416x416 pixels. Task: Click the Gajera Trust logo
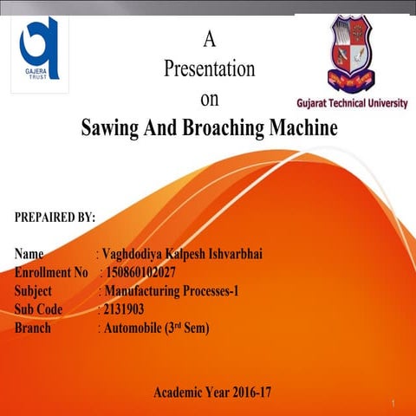click(40, 49)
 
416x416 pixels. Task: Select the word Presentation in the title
click(209, 69)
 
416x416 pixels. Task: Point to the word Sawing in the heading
click(110, 129)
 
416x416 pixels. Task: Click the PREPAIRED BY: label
click(55, 217)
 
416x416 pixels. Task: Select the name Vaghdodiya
click(135, 255)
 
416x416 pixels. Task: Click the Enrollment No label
click(51, 273)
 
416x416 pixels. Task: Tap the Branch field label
click(33, 328)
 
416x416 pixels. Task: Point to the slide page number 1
click(393, 405)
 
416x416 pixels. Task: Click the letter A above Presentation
click(208, 38)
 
